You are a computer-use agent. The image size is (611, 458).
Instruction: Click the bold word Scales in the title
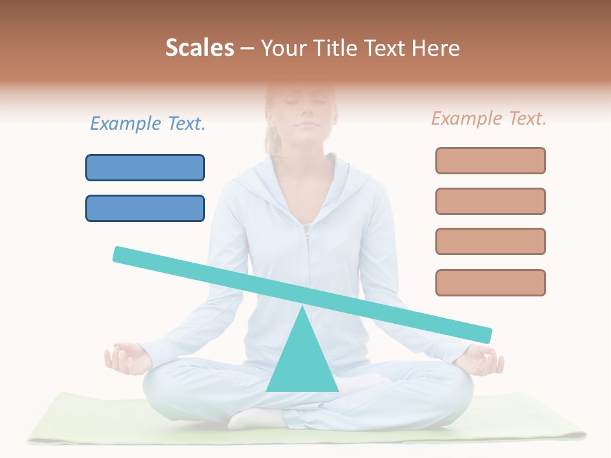point(199,48)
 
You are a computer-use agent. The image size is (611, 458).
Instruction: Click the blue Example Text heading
point(148,123)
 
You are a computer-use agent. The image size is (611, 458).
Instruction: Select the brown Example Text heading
point(489,118)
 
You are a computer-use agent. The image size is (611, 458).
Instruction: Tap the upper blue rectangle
point(145,167)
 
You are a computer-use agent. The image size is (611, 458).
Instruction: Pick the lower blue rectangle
point(145,208)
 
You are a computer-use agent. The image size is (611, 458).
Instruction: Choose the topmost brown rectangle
point(490,160)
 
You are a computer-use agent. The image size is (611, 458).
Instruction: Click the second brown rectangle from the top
point(490,201)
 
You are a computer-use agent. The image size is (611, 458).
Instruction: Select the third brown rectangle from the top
point(490,241)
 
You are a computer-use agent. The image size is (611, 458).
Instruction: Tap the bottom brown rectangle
point(490,282)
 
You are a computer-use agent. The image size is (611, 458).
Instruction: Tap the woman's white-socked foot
point(255,419)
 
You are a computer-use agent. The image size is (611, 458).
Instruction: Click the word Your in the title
point(283,48)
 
